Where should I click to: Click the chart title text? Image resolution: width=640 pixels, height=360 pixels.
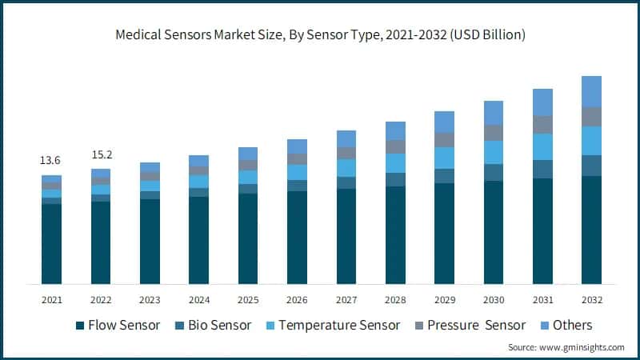point(320,35)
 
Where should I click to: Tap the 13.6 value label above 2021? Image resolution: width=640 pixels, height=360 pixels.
point(51,161)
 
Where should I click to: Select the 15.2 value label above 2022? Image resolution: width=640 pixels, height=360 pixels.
point(100,154)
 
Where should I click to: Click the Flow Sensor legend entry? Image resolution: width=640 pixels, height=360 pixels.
point(118,325)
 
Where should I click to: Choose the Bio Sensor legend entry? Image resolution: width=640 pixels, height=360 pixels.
point(214,325)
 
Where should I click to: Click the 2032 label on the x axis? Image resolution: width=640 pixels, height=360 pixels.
point(591,299)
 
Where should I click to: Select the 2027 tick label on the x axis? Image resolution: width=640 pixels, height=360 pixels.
point(346,299)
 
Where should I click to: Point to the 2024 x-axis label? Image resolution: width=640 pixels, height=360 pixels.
point(198,299)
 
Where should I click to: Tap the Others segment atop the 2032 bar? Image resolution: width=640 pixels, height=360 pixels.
point(591,91)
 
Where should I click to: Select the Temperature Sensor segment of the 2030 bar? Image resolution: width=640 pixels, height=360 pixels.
point(494,152)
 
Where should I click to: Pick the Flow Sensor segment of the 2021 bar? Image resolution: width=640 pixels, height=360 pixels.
point(51,244)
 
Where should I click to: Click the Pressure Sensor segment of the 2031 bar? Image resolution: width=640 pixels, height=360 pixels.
point(542,125)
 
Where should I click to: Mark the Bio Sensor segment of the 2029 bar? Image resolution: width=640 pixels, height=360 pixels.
point(444,176)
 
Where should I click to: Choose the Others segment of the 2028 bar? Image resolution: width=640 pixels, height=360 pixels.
point(395,130)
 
